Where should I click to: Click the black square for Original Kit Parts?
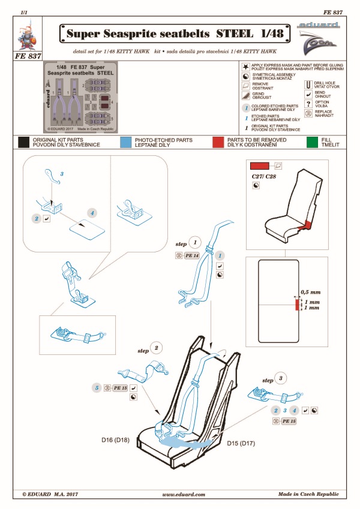25,142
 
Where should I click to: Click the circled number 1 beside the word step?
195,243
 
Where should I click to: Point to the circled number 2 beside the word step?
157,348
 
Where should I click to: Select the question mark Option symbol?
307,103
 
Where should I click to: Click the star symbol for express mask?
245,67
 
